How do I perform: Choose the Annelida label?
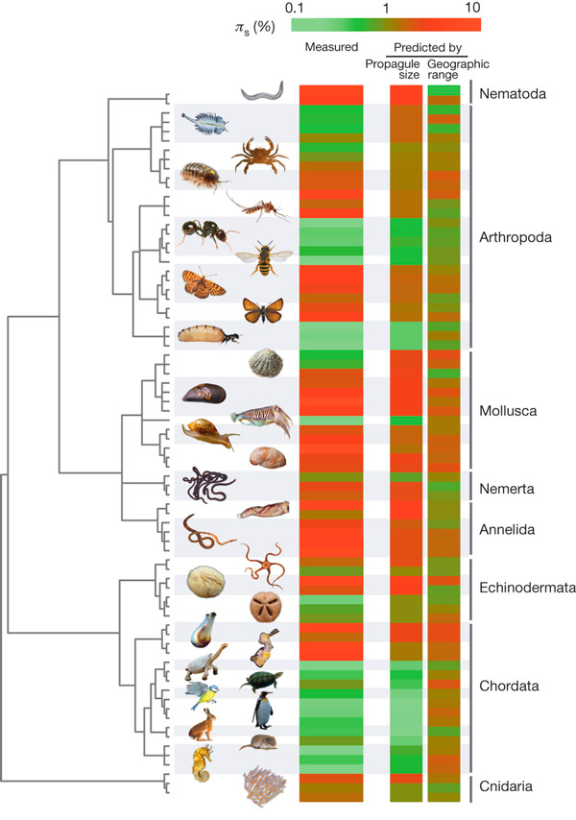point(509,529)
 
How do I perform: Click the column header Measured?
point(330,47)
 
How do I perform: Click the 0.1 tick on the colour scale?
point(293,8)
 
